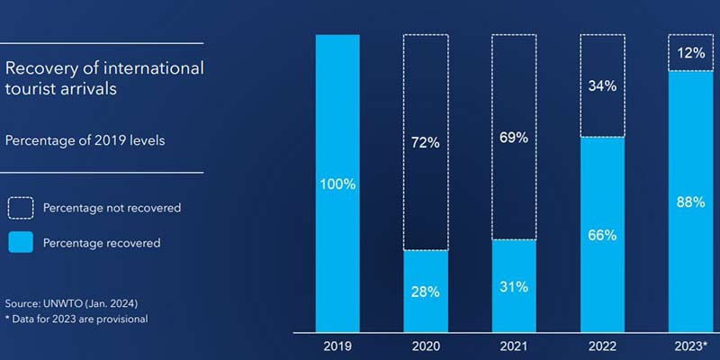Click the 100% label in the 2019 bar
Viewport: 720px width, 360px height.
pyautogui.click(x=337, y=184)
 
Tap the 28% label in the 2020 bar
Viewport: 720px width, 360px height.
pyautogui.click(x=426, y=292)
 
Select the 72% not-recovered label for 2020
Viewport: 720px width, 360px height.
pyautogui.click(x=426, y=143)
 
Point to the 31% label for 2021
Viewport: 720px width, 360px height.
pyautogui.click(x=514, y=287)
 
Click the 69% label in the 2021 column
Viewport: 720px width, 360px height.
pyautogui.click(x=514, y=139)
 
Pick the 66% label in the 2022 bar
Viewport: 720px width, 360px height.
pyautogui.click(x=602, y=235)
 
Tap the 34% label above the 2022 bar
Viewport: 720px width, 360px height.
pyautogui.click(x=602, y=86)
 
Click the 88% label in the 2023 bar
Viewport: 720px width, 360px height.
pyautogui.click(x=690, y=202)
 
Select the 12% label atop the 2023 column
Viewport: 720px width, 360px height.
pyautogui.click(x=690, y=53)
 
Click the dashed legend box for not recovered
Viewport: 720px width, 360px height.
pyautogui.click(x=21, y=208)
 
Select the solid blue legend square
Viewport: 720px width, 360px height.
pyautogui.click(x=21, y=242)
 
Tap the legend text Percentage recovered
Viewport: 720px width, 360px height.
pyautogui.click(x=102, y=243)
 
